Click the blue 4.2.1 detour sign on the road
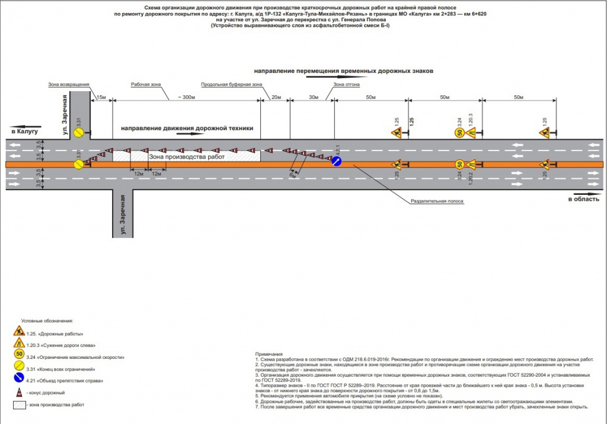click(x=336, y=162)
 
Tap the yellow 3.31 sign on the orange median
click(x=78, y=163)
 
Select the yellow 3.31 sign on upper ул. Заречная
click(x=78, y=134)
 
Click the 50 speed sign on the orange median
click(x=459, y=164)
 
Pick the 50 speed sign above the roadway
click(x=459, y=133)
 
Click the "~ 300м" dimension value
click(x=186, y=97)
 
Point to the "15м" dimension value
click(x=101, y=97)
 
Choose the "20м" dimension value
click(x=275, y=97)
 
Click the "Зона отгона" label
click(x=346, y=85)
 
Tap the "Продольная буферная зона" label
click(x=231, y=85)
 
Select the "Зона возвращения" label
click(x=69, y=85)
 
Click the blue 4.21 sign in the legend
click(x=19, y=380)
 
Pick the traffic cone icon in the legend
click(x=19, y=392)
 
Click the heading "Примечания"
click(x=269, y=354)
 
